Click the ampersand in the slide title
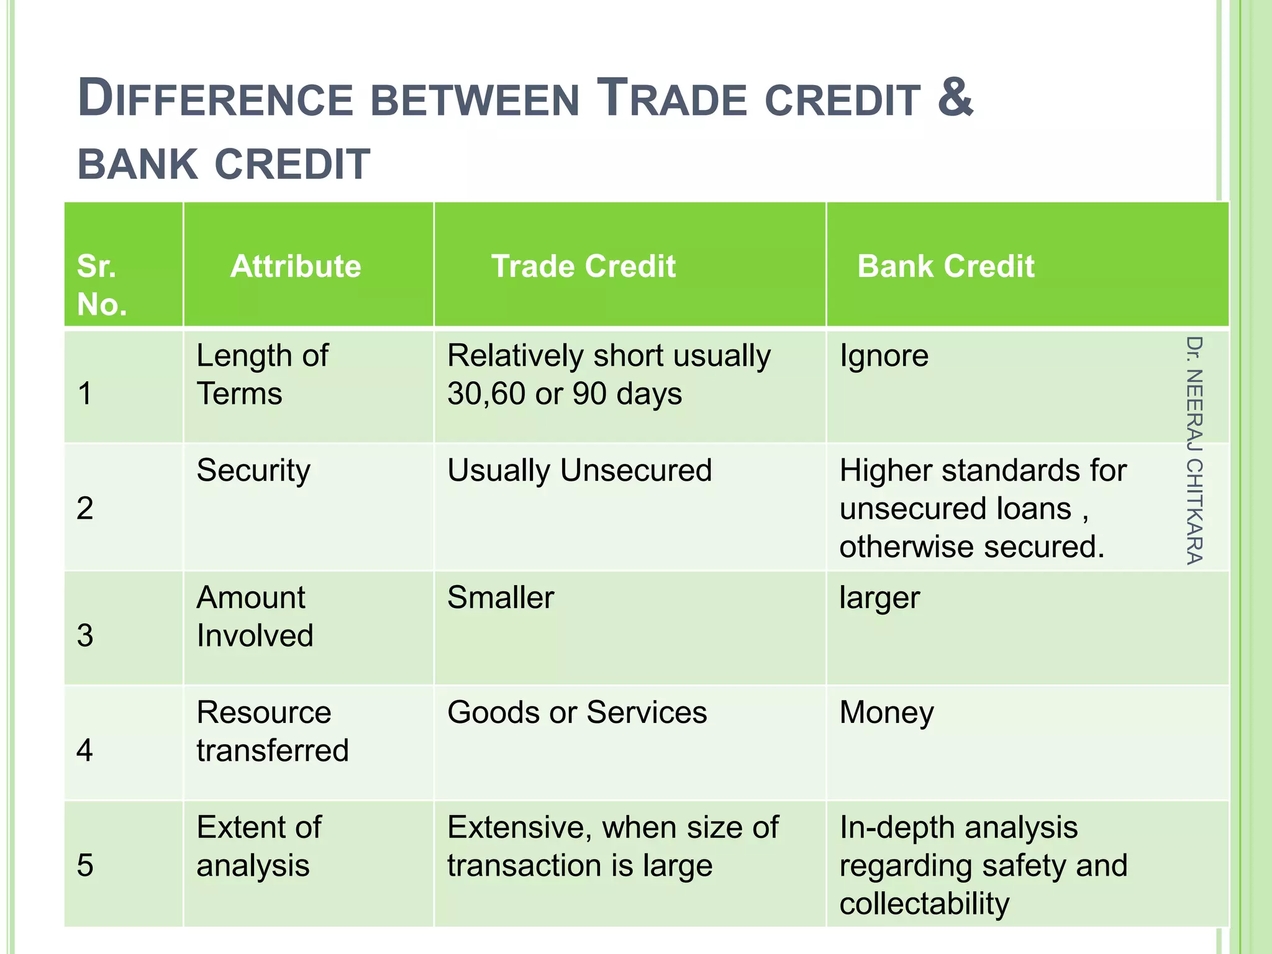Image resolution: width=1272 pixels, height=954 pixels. coord(955,98)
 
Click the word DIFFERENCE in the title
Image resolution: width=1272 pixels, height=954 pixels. coord(215,99)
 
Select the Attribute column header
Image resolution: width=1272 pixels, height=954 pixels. coord(295,266)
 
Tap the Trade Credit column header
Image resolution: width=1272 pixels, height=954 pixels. coord(583,266)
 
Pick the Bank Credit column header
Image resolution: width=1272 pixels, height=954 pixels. coord(945,266)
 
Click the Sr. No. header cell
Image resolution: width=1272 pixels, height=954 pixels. coord(102,285)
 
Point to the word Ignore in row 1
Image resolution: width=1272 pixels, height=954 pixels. coord(884,356)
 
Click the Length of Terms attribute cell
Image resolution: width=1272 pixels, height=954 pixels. coord(262,375)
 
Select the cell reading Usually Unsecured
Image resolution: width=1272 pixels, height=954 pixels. coord(579,470)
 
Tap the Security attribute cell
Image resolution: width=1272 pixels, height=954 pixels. coord(253,470)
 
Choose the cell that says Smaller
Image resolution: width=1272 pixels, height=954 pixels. coord(501,597)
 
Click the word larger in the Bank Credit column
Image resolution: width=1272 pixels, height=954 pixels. coord(879,597)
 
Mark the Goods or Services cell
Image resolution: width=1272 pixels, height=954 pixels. coord(577,712)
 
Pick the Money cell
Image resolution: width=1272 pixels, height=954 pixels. coord(886,712)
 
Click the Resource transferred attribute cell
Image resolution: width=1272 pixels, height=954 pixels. coord(272,731)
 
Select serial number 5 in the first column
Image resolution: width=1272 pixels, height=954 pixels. coord(85,865)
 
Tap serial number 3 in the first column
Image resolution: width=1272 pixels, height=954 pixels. coord(85,635)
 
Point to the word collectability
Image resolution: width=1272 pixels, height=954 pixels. coord(924,904)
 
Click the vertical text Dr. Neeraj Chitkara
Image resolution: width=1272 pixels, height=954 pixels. coord(1194,450)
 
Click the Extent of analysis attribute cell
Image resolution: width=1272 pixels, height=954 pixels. coord(258,846)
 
